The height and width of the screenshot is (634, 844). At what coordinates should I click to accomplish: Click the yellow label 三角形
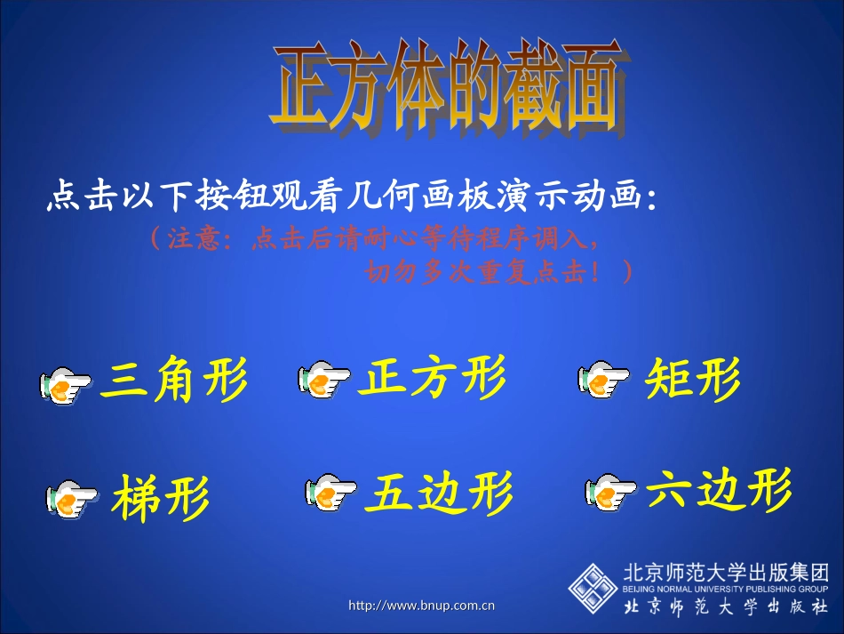coord(173,381)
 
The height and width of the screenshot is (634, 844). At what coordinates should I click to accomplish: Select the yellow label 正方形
coord(432,378)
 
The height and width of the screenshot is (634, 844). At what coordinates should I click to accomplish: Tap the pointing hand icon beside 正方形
coord(324,380)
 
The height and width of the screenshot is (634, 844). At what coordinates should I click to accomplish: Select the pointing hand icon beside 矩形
coord(606,380)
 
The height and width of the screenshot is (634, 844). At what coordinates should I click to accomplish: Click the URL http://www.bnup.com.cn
coord(421,606)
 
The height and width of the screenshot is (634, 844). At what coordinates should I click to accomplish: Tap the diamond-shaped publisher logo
coord(593,588)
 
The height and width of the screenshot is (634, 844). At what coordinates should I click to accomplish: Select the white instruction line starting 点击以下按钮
coord(352,198)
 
